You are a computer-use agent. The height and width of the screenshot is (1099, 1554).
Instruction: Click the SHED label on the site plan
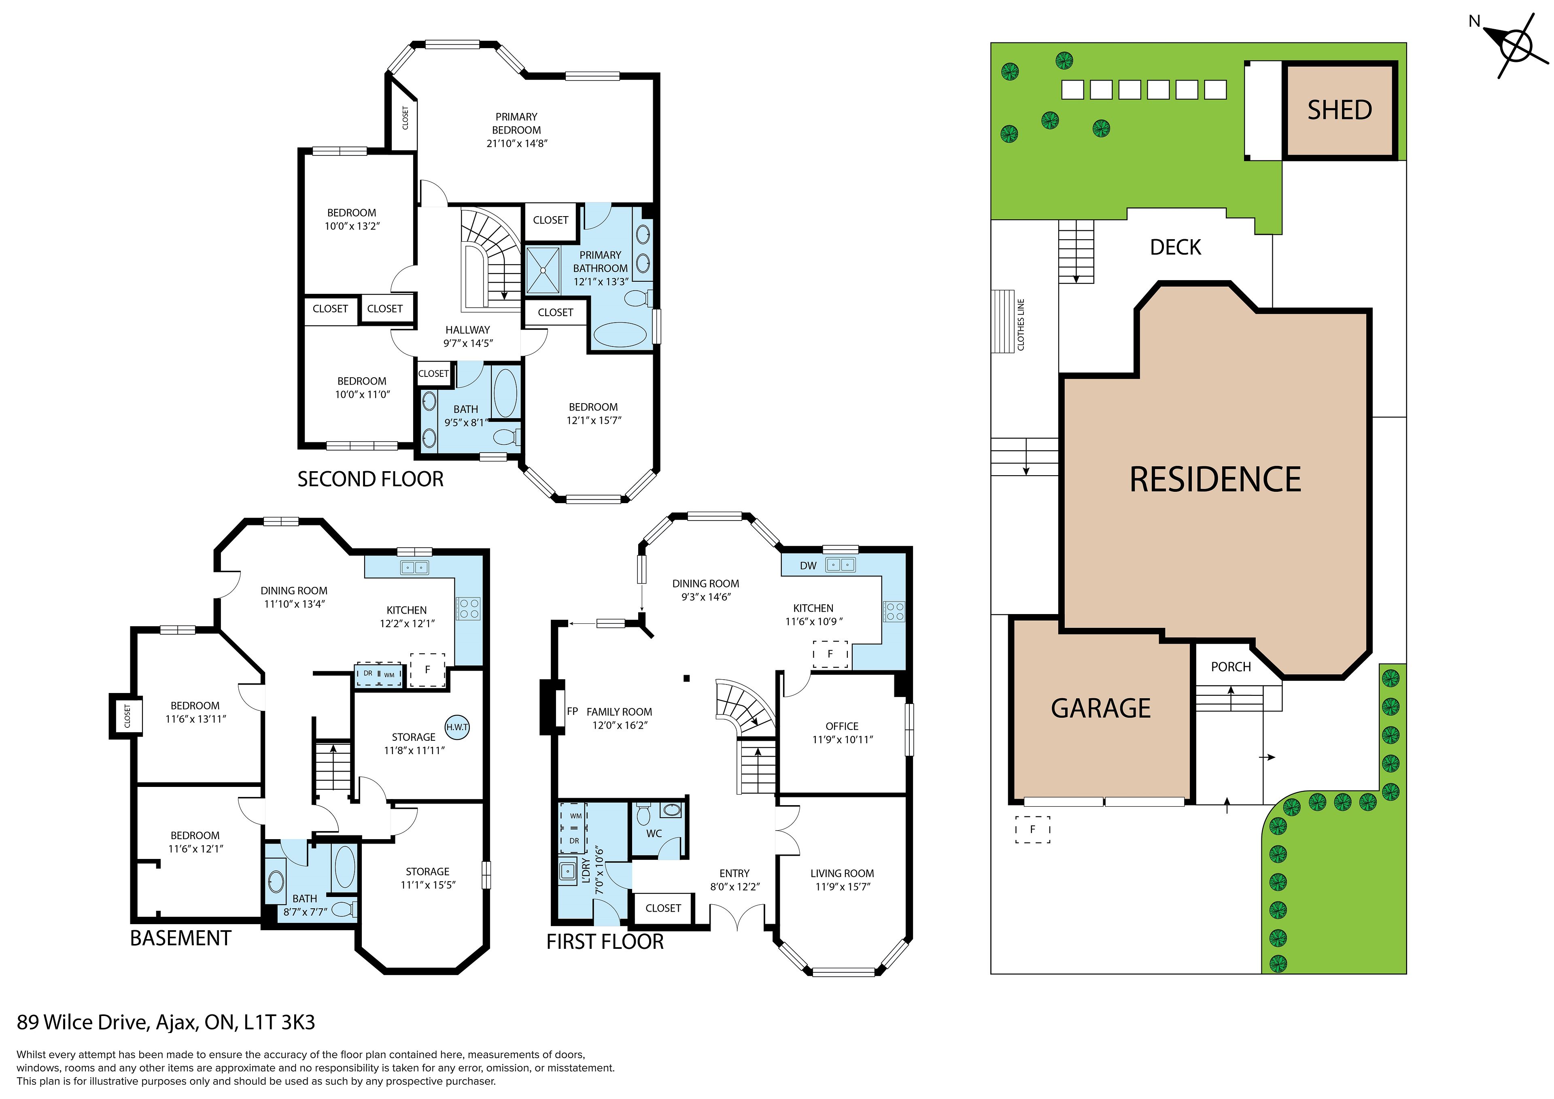(1340, 110)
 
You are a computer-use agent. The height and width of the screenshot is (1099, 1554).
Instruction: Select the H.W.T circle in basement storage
(457, 727)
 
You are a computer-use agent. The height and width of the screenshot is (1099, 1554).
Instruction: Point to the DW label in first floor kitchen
(808, 566)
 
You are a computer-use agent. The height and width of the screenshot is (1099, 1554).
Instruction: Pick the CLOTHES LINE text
(1021, 324)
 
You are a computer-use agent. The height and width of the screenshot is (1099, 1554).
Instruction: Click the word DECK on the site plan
(1176, 248)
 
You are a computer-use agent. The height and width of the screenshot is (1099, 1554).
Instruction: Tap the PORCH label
(1231, 667)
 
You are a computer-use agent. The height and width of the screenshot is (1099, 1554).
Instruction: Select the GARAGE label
(1100, 708)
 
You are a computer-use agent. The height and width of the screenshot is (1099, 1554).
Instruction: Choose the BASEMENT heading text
(181, 938)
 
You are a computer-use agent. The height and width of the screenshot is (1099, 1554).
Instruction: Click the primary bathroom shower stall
(543, 270)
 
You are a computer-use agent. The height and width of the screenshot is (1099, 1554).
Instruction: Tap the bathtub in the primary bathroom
(620, 334)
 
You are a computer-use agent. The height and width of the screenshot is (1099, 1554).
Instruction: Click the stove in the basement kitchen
(468, 608)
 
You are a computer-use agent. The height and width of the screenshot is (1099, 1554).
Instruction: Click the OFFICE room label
(842, 726)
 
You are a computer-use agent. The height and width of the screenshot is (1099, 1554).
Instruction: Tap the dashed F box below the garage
(1033, 829)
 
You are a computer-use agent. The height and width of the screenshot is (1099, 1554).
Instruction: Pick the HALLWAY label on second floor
(468, 330)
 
